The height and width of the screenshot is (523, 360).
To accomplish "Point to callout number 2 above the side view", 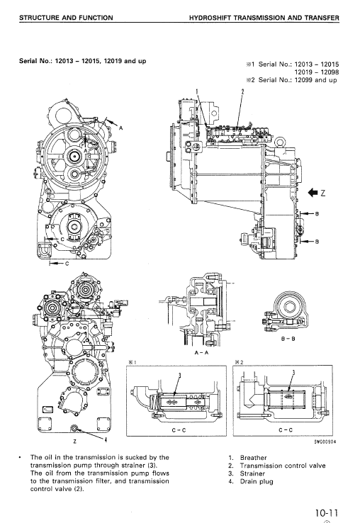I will tap(242, 91).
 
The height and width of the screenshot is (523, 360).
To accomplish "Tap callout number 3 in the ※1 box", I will tap(179, 374).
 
